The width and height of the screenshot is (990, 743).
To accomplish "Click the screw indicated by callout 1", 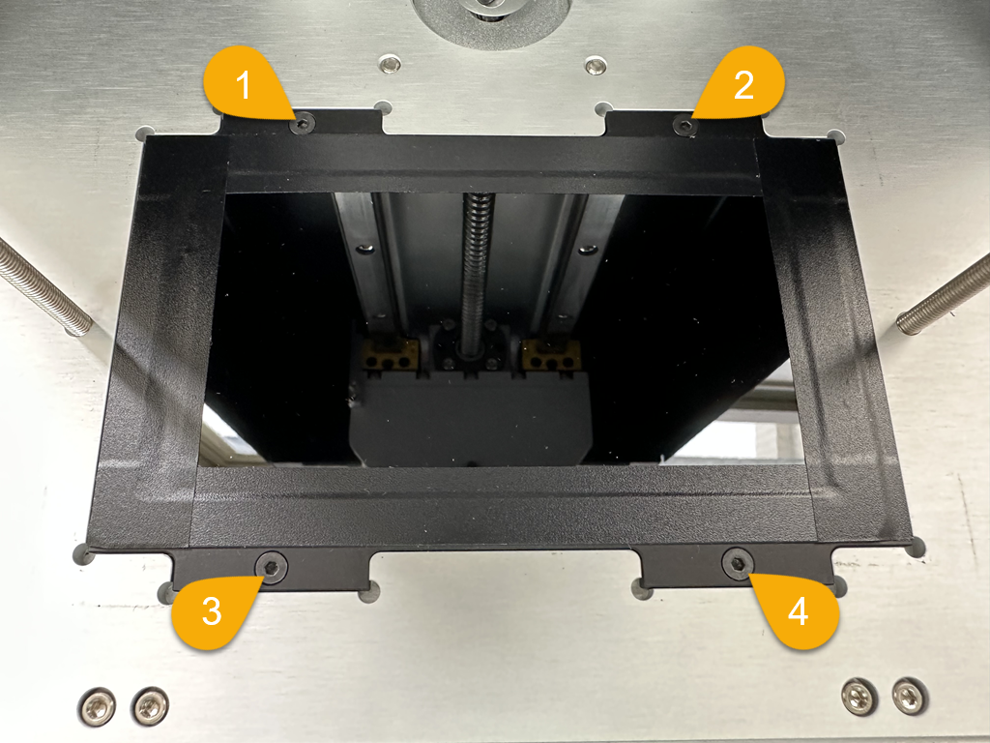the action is click(302, 123).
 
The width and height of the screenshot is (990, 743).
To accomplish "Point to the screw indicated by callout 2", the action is click(684, 125).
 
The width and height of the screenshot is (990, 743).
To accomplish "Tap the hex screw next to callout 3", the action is click(272, 567).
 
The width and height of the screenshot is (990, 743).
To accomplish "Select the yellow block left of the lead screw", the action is click(392, 354).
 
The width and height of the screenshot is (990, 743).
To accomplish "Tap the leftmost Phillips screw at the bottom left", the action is click(98, 705).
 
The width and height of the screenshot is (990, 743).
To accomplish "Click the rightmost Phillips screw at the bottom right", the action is click(909, 697).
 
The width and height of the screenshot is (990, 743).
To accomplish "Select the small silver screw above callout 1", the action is click(391, 63).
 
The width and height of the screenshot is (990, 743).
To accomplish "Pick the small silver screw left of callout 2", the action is click(595, 65).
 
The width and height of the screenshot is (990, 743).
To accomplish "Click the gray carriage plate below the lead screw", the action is click(471, 420).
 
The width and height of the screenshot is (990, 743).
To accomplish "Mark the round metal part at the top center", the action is click(490, 19).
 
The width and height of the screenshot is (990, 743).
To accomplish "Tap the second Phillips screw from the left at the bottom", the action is click(150, 705).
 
